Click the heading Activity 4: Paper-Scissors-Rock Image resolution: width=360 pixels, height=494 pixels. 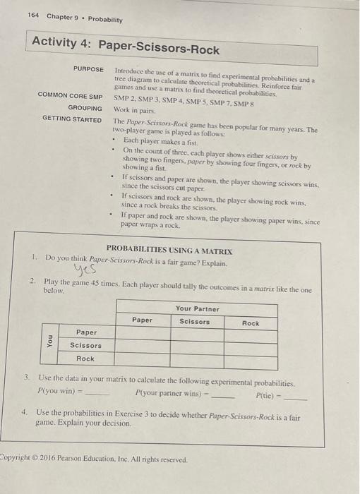click(x=126, y=48)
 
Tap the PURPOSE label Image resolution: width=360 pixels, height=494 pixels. click(x=88, y=69)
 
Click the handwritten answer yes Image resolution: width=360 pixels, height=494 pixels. click(x=81, y=274)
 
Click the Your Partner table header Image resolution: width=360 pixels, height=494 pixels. click(x=198, y=308)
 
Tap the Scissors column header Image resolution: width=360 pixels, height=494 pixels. click(x=194, y=322)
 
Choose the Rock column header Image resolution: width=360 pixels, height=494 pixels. click(x=250, y=323)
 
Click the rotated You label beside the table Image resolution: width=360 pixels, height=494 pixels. click(x=49, y=345)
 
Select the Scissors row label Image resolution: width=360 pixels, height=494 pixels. click(x=85, y=345)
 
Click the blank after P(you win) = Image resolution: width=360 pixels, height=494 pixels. click(x=97, y=392)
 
